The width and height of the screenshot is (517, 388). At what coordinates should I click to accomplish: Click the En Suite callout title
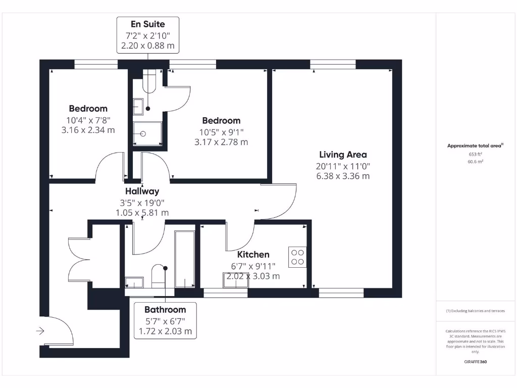point(147,24)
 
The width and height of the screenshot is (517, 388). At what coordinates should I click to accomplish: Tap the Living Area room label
point(343,155)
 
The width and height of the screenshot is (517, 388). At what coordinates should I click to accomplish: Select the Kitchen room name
point(253,255)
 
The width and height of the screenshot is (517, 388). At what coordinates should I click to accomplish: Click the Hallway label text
point(142,191)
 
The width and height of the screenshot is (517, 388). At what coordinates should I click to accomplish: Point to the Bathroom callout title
point(165,310)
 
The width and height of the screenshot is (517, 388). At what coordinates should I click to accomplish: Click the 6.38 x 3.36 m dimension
point(343,176)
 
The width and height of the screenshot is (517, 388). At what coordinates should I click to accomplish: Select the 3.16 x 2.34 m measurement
point(88,130)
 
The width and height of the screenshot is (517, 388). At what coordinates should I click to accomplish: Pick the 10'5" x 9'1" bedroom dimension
point(221,132)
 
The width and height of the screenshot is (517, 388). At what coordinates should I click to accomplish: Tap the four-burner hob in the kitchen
point(297,257)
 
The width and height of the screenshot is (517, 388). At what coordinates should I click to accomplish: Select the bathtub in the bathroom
point(184,260)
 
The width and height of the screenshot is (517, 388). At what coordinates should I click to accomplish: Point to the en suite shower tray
point(147,134)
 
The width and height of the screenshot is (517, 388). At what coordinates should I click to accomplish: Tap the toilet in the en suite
point(150,81)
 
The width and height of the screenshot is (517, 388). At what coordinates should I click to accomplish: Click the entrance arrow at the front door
point(40,331)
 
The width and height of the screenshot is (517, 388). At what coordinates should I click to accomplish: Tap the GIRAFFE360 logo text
point(475,362)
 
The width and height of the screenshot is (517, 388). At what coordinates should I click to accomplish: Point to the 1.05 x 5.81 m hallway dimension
point(142,213)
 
